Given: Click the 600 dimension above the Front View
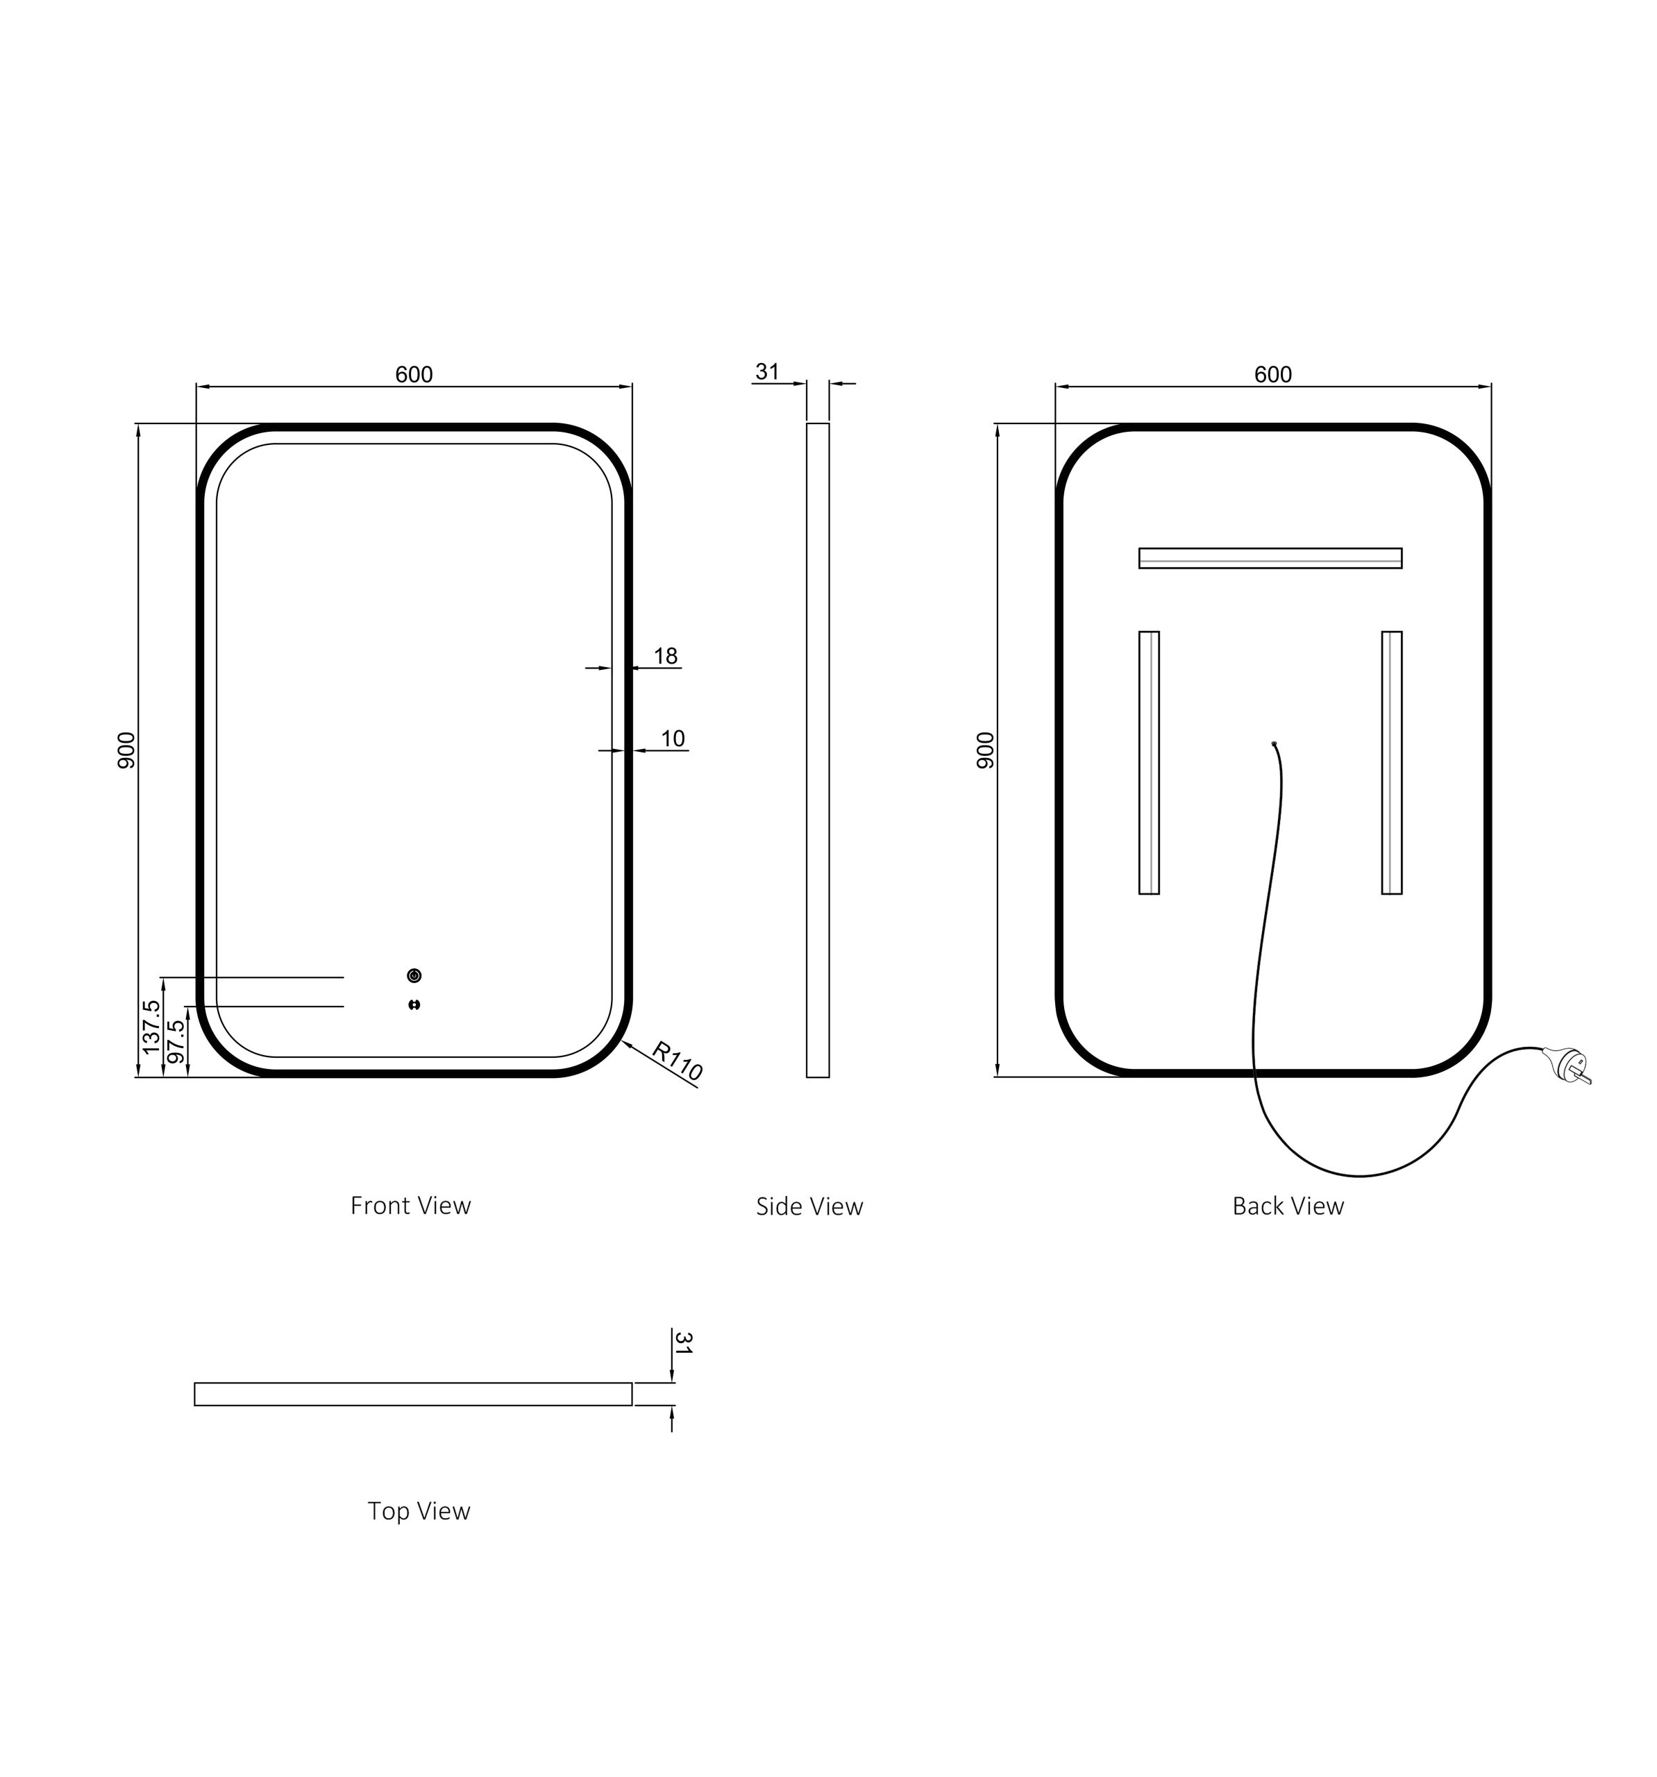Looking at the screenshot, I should click(414, 375).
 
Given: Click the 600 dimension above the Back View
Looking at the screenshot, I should click(1272, 375).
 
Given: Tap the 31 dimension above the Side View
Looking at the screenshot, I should click(767, 372).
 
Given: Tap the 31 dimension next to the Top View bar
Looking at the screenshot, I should click(684, 1343).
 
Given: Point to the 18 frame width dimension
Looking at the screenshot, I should click(665, 656).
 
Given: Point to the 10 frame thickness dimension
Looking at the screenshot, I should click(672, 739).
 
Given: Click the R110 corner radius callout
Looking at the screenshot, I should click(677, 1061).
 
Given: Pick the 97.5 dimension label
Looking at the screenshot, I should click(176, 1041).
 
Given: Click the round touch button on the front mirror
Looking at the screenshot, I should click(414, 975).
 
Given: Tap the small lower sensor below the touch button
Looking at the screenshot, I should click(414, 1004).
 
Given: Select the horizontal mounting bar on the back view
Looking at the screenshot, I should click(1269, 558).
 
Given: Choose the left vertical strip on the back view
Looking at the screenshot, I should click(1148, 762).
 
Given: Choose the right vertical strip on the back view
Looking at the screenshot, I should click(1390, 762).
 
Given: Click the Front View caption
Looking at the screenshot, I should click(410, 1206).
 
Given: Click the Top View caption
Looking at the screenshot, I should click(419, 1510).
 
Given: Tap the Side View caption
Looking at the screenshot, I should click(809, 1206).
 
